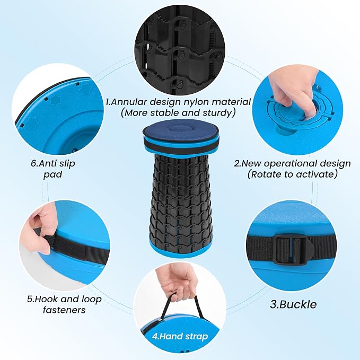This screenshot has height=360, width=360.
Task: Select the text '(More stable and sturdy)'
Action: pyautogui.click(x=178, y=113)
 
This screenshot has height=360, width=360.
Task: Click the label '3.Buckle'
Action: pyautogui.click(x=293, y=304)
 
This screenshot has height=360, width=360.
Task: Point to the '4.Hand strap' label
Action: pyautogui.click(x=180, y=336)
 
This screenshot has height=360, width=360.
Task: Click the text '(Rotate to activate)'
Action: pyautogui.click(x=293, y=174)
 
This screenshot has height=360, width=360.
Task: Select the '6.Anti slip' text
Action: pyautogui.click(x=53, y=163)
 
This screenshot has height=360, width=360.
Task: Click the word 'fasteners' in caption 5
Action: pyautogui.click(x=64, y=310)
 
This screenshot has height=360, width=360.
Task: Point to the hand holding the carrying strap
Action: pyautogui.click(x=177, y=281)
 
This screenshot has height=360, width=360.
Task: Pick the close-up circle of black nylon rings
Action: pyautogui.click(x=180, y=50)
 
